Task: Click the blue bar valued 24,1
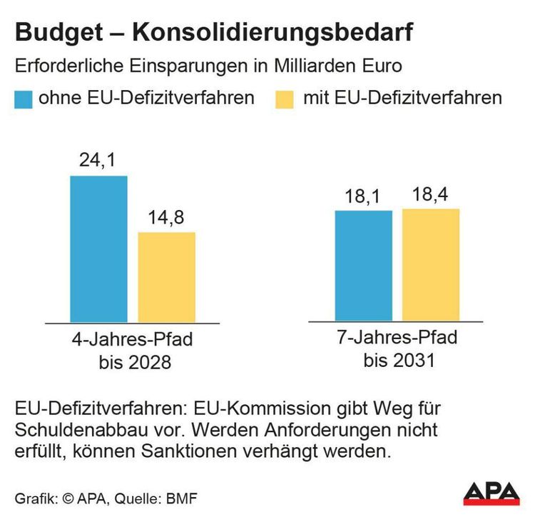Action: point(98,249)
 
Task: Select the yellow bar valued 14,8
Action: point(166,277)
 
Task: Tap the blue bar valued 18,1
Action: point(364,266)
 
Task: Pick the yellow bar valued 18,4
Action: point(431,265)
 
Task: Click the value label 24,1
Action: point(98,162)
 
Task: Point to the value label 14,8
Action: point(166,219)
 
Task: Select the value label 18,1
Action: point(364,196)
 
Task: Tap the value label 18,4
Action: point(431,194)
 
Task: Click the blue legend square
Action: point(24,99)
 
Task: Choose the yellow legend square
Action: point(283,99)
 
